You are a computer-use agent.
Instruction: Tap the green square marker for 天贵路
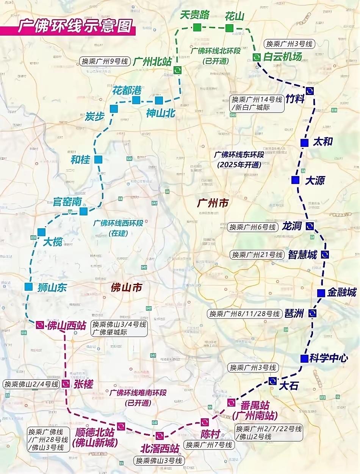[197, 27]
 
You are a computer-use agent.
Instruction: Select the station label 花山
[234, 16]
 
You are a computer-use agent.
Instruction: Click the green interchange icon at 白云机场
[257, 57]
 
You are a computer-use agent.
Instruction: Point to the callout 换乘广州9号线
[105, 61]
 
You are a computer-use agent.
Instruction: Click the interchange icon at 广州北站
[177, 70]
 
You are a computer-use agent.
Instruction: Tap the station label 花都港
[127, 90]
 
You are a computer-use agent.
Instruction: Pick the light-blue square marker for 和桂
[98, 159]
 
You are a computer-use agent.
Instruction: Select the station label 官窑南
[67, 201]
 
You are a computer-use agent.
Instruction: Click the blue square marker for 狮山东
[28, 287]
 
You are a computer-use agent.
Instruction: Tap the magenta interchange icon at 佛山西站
[40, 325]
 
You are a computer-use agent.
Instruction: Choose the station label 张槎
[83, 384]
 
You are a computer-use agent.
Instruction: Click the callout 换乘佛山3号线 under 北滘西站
[159, 461]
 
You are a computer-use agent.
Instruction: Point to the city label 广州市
[213, 203]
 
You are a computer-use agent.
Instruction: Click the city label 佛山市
[126, 287]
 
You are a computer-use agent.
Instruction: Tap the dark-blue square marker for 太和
[304, 143]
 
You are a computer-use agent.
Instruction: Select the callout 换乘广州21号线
[257, 254]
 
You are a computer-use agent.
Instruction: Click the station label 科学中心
[328, 358]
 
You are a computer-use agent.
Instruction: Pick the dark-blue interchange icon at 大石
[272, 381]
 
